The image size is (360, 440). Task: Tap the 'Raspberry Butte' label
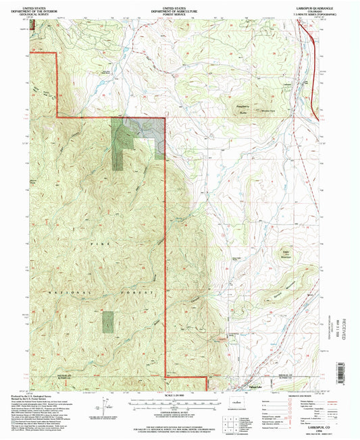coord(241,105)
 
